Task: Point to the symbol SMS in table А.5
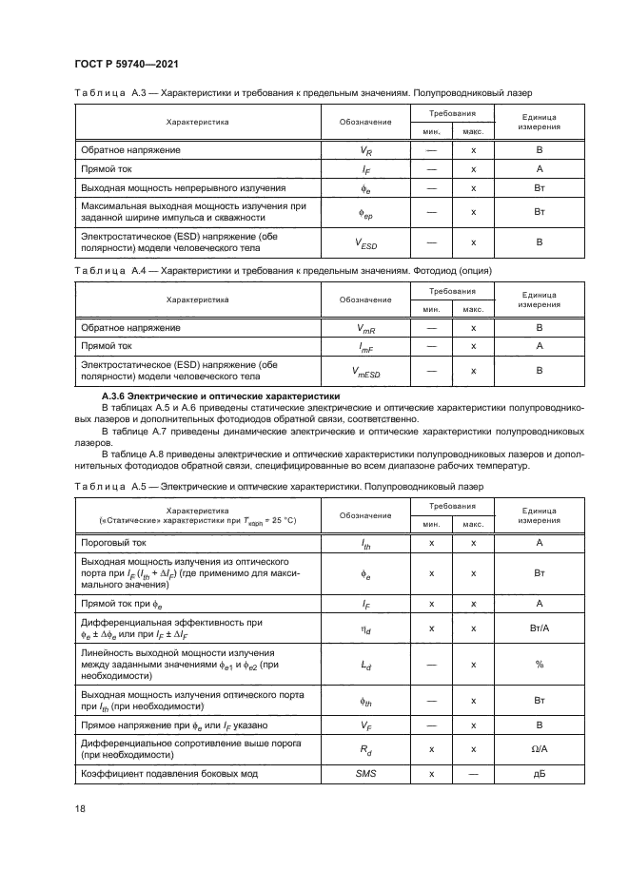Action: pyautogui.click(x=365, y=773)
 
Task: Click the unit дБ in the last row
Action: pyautogui.click(x=539, y=773)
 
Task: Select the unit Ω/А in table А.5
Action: pyautogui.click(x=539, y=749)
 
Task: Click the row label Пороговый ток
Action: pyautogui.click(x=112, y=542)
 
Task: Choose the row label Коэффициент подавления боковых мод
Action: pyautogui.click(x=170, y=773)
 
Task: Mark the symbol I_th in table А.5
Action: pyautogui.click(x=365, y=543)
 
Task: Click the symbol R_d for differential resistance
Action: pyautogui.click(x=365, y=749)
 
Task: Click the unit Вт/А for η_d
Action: pyautogui.click(x=539, y=628)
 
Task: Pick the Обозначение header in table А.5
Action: pyautogui.click(x=365, y=514)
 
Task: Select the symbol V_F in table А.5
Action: pyautogui.click(x=365, y=725)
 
